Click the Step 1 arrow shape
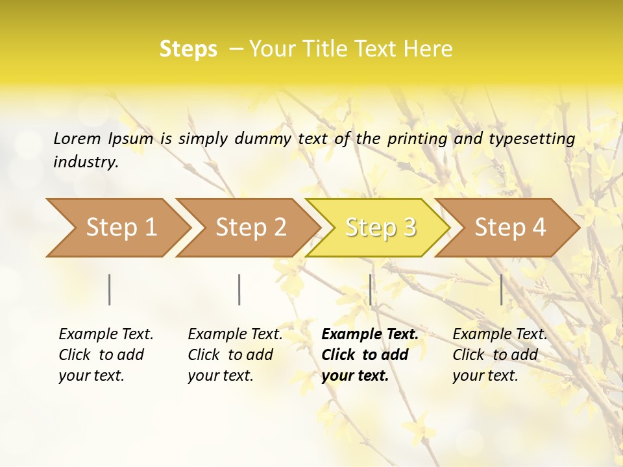pos(120,228)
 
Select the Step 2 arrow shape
pos(250,228)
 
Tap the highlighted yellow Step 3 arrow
pos(379,228)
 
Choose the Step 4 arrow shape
pos(509,228)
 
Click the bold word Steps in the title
pos(188,49)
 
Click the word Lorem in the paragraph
pos(77,138)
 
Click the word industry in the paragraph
pos(85,162)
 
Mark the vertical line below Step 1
pos(110,289)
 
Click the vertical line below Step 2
pos(239,289)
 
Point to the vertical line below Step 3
pos(371,289)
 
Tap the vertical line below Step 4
pos(502,289)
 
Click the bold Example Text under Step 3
pos(370,335)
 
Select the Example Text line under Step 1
pos(106,335)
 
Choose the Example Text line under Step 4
pos(500,335)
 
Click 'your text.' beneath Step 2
pos(221,376)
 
